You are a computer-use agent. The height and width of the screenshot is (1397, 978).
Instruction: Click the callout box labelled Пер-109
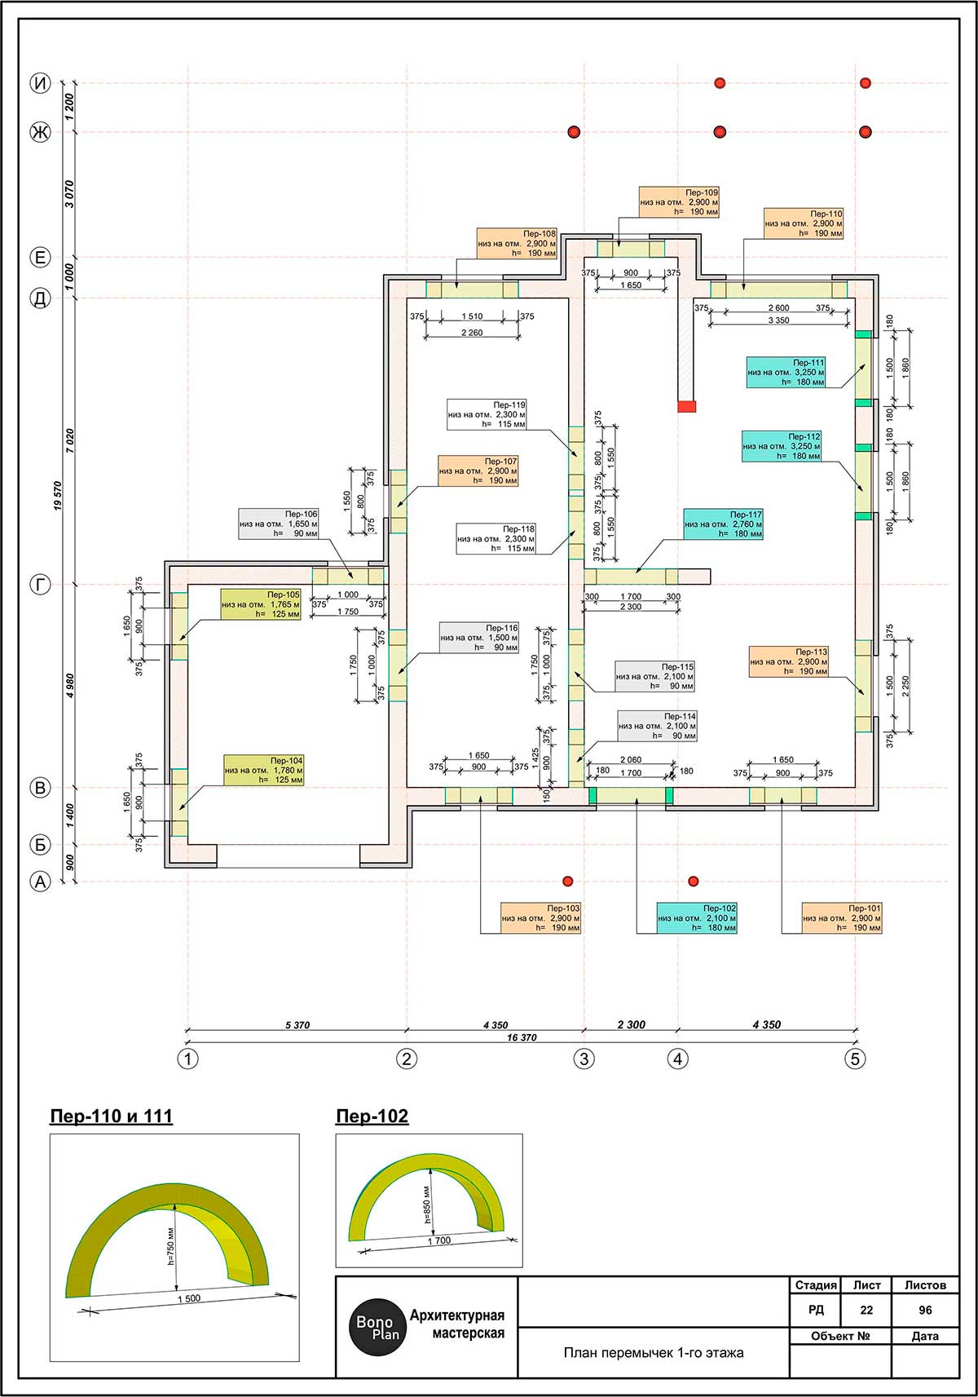[x=680, y=202]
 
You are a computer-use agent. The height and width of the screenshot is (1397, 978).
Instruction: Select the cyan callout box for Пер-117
[x=724, y=524]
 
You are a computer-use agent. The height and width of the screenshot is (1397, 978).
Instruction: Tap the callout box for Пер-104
[x=264, y=770]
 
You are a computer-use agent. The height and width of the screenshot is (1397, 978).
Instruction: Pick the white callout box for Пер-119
[x=487, y=414]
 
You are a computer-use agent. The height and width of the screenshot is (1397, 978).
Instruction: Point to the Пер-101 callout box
[x=842, y=918]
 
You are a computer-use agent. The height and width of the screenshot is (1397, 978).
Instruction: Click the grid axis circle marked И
[x=41, y=83]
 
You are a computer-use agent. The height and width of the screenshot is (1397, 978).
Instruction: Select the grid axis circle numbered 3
[x=584, y=1059]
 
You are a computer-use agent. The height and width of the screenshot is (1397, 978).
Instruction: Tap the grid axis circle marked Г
[x=41, y=585]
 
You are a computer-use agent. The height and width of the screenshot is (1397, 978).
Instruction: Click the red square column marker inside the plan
[x=686, y=406]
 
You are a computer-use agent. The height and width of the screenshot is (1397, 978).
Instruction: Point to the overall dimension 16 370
[x=522, y=1037]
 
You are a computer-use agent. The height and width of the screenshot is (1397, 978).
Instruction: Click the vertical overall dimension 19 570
[x=58, y=496]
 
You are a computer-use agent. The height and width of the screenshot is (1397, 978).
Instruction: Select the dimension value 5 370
[x=297, y=1024]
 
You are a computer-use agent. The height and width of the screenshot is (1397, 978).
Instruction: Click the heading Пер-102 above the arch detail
[x=372, y=1116]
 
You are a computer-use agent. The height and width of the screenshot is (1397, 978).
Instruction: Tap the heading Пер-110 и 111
[x=111, y=1116]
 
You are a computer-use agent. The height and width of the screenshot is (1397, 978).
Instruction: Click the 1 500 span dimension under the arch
[x=190, y=1298]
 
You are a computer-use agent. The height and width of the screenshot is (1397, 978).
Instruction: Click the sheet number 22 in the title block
[x=866, y=1310]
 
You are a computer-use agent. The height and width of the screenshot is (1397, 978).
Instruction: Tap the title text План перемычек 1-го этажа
[x=654, y=1352]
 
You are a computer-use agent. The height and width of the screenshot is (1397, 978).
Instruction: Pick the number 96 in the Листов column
[x=925, y=1310]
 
